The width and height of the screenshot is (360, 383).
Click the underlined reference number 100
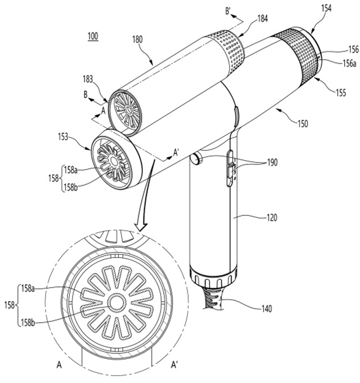93,37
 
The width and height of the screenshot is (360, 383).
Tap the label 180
138,39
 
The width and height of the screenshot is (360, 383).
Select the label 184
263,18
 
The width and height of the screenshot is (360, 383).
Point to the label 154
326,8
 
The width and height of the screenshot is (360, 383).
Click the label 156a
349,64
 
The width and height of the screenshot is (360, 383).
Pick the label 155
341,93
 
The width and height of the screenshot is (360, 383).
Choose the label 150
302,124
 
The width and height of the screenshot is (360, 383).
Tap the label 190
272,163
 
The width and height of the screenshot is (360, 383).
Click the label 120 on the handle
272,217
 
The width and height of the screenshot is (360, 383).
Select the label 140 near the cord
266,309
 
